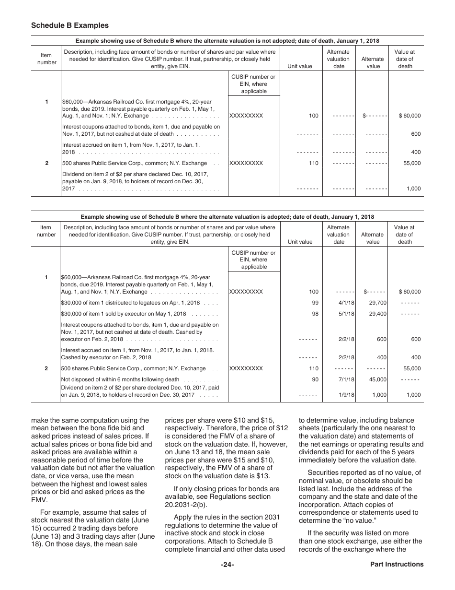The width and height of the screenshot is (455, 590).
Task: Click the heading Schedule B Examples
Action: [70, 25]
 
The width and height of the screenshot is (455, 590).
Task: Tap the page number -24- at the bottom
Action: [227, 565]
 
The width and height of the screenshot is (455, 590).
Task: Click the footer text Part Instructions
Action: [397, 565]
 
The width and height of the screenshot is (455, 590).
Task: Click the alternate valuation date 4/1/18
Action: [346, 303]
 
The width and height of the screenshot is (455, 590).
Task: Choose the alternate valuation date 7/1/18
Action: [346, 379]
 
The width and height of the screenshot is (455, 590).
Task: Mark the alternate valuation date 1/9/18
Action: [346, 395]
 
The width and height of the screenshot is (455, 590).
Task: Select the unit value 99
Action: [315, 303]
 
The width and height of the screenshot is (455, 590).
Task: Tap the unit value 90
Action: [315, 379]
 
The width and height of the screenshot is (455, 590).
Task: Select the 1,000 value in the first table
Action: [413, 189]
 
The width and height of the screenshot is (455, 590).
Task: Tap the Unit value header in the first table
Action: [300, 67]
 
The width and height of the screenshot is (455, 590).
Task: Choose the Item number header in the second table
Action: [46, 231]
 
